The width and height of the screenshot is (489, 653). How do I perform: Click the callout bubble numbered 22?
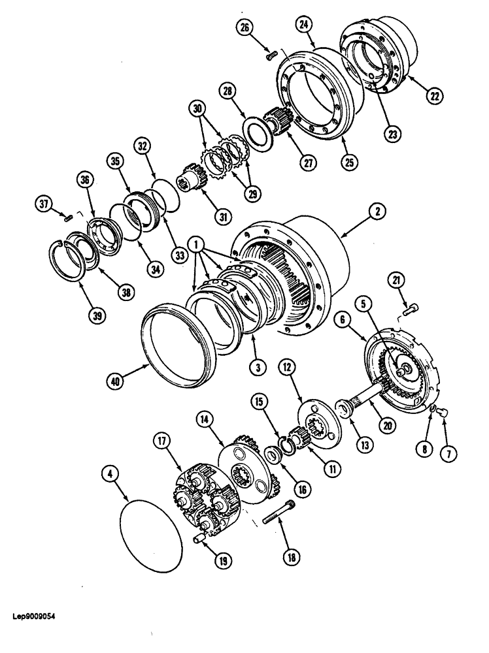point(433,95)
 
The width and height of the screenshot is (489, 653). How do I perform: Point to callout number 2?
point(379,211)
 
